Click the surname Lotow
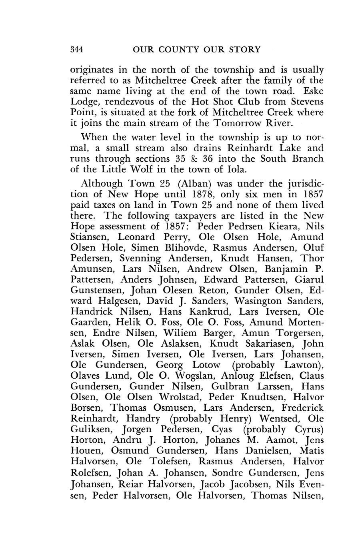point(206,365)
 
